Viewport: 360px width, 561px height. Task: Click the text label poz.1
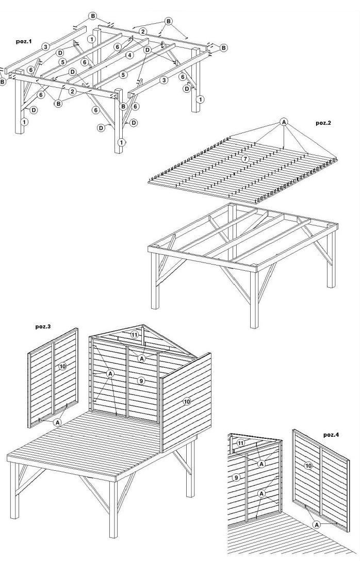click(x=25, y=41)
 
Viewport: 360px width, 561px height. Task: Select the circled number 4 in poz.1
click(x=129, y=55)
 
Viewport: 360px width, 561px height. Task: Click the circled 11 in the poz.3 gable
click(x=135, y=334)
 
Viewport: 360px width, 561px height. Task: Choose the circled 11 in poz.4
click(x=241, y=443)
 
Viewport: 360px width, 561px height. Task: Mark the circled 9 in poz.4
click(x=236, y=478)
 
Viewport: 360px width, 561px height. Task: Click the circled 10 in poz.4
click(x=308, y=466)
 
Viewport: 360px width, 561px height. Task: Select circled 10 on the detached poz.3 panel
click(x=62, y=366)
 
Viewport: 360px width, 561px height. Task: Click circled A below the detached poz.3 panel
click(x=57, y=422)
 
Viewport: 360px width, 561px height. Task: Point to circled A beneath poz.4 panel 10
click(x=317, y=523)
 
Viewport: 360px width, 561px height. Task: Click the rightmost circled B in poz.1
click(x=223, y=48)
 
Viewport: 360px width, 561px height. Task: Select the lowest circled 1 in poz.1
click(x=122, y=142)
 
